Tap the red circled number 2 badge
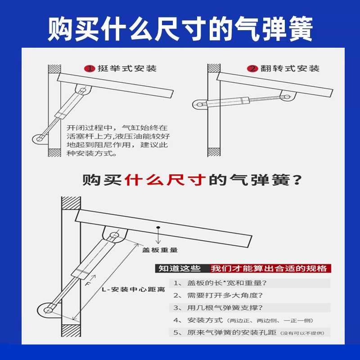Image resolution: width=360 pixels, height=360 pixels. (252, 69)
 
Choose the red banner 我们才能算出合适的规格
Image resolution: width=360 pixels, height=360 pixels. (269, 269)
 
